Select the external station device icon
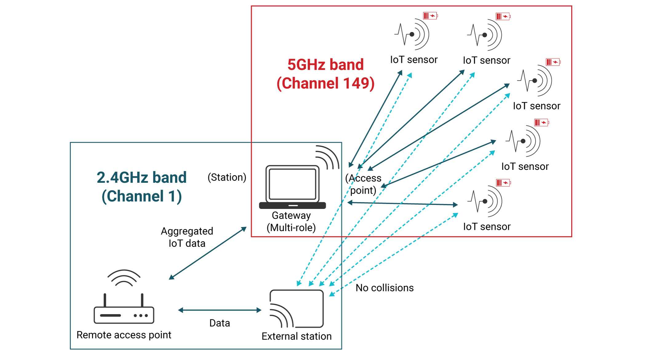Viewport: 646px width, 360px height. click(297, 309)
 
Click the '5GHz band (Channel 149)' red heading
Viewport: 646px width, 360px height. click(325, 74)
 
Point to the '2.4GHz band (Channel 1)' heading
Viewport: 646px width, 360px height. click(142, 187)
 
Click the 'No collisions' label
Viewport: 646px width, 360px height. click(385, 288)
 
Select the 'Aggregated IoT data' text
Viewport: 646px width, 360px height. click(187, 237)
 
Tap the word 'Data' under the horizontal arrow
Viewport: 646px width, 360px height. click(220, 323)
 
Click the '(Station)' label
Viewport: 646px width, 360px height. click(227, 177)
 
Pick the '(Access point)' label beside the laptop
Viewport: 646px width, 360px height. click(363, 184)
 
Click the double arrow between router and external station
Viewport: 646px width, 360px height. click(220, 310)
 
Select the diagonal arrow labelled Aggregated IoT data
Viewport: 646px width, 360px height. click(208, 253)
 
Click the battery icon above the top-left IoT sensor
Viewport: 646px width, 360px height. click(430, 15)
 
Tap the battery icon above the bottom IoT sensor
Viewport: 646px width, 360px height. click(503, 183)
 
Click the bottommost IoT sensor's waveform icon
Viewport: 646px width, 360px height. click(485, 201)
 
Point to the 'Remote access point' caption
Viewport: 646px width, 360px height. click(124, 335)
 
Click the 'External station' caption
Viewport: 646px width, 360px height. click(297, 336)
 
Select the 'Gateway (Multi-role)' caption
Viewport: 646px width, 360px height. click(291, 222)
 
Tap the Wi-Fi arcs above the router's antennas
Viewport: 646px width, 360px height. click(124, 278)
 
